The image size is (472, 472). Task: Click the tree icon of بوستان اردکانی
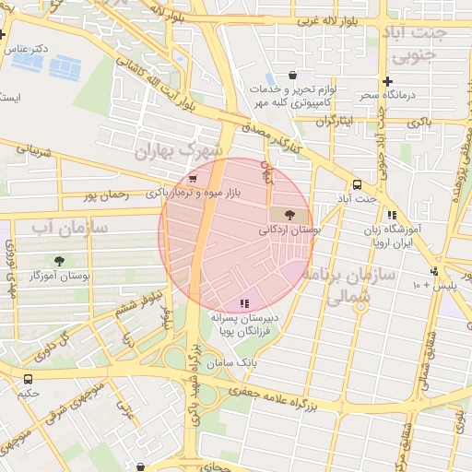click(277, 215)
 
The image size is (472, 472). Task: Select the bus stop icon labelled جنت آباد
click(358, 183)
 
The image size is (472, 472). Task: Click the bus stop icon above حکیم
click(28, 378)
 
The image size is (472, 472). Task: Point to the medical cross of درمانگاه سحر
click(387, 81)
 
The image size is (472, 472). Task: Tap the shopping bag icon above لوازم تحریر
click(292, 76)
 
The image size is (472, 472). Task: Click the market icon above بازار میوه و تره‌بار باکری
click(192, 179)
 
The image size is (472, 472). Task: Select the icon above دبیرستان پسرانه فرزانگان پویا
click(244, 302)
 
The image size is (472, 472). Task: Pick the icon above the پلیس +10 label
click(433, 271)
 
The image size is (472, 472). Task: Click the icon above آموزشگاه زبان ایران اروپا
click(392, 214)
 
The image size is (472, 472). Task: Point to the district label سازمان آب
click(68, 227)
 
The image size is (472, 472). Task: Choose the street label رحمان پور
click(102, 195)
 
